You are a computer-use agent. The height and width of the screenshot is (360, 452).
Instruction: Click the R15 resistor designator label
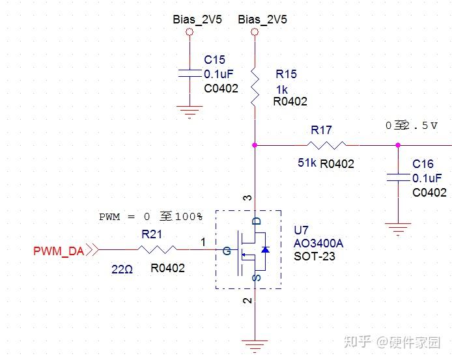click(286, 74)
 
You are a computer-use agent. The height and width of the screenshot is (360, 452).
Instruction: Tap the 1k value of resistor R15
click(282, 90)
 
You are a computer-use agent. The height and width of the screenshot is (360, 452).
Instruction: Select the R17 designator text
click(321, 130)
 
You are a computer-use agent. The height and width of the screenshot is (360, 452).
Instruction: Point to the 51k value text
click(307, 163)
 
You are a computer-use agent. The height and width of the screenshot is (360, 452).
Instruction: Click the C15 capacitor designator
click(214, 60)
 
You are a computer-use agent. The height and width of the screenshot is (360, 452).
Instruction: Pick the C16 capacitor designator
click(423, 164)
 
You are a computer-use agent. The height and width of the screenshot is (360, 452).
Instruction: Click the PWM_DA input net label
click(59, 251)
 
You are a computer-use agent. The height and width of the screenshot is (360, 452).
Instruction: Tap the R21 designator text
click(152, 234)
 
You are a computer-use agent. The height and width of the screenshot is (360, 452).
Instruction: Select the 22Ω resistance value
click(122, 270)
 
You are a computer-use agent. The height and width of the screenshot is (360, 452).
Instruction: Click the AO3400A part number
click(318, 243)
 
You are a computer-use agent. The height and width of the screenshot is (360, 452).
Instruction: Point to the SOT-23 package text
click(315, 256)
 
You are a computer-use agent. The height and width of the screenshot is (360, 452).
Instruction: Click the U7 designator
click(302, 230)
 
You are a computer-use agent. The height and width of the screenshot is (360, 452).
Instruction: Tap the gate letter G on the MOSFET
click(227, 251)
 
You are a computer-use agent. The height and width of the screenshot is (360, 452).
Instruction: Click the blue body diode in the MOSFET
click(265, 249)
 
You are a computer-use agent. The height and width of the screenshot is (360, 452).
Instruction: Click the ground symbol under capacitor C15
click(190, 112)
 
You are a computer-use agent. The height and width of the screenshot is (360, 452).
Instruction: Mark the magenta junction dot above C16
click(398, 145)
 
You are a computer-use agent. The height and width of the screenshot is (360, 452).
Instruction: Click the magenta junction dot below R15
click(255, 145)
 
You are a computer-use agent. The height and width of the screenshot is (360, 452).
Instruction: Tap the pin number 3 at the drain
click(247, 198)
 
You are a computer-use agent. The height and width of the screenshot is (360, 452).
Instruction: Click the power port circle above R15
click(255, 32)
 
